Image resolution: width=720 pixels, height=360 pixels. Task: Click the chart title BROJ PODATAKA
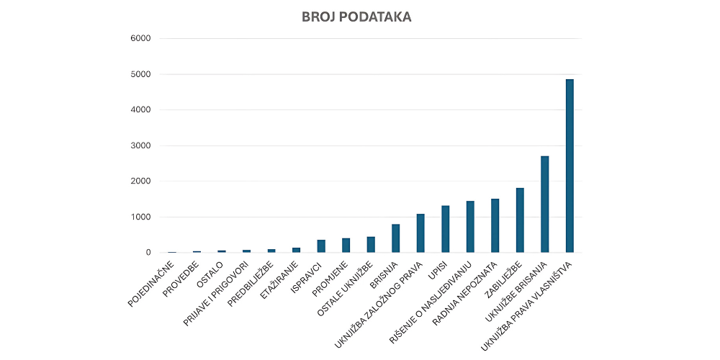point(356,17)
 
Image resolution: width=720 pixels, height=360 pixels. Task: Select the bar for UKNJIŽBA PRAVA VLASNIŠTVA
point(570,166)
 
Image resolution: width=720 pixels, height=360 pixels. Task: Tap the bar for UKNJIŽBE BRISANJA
point(545,204)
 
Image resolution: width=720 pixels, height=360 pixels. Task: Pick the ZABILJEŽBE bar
point(520,220)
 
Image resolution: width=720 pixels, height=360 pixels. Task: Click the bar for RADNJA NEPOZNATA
point(495,225)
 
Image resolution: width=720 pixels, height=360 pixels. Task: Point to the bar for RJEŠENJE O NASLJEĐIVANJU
point(470,227)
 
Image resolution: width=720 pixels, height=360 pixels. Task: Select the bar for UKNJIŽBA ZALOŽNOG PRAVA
point(420,233)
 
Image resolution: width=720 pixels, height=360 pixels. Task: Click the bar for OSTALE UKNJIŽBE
point(371,245)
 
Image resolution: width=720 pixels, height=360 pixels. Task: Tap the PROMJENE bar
point(346,246)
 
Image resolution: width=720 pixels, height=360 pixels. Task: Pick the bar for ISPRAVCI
point(321,246)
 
